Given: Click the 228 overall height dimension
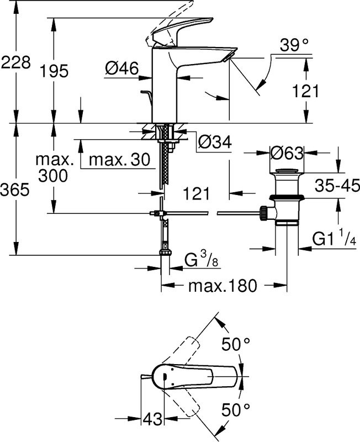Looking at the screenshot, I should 15,63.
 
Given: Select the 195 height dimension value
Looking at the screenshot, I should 54,71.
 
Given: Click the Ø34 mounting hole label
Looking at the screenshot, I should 213,143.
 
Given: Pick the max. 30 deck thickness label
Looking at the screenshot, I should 119,160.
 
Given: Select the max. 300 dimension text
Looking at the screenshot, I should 54,168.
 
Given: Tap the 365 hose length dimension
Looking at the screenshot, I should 15,190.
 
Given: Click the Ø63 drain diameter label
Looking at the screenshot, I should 287,152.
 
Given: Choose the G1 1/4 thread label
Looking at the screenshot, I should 332,239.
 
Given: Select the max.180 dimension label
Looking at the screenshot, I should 223,286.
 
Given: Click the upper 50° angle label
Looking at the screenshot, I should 236,345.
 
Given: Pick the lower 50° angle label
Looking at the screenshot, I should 236,409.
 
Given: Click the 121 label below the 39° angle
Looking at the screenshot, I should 305,92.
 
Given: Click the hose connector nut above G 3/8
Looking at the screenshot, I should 163,253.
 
